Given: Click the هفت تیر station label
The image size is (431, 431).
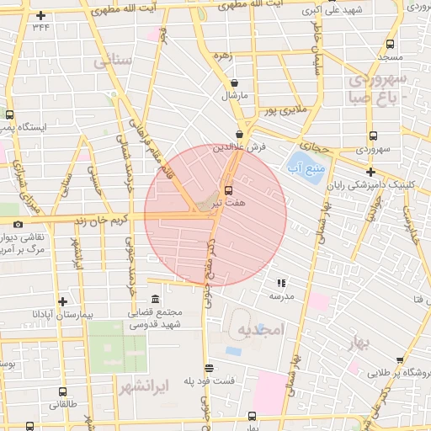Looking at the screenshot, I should (228, 204).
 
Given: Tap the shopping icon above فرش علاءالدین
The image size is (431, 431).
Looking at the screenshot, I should (240, 134).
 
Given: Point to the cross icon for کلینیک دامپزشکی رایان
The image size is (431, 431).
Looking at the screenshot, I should (370, 172).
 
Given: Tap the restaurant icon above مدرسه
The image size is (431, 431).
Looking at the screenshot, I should (280, 284).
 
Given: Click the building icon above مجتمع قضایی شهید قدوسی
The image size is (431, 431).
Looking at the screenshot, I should (155, 300).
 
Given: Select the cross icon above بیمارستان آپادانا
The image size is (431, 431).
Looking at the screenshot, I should (62, 301).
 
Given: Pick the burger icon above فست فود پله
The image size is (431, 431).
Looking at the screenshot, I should (209, 368).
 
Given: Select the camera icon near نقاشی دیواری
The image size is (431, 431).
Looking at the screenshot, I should (19, 225).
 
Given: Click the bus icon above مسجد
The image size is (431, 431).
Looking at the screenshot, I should (389, 45).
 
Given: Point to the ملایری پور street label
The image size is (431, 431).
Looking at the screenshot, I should (286, 109).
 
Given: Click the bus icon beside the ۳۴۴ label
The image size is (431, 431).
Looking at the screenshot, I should (40, 15).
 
